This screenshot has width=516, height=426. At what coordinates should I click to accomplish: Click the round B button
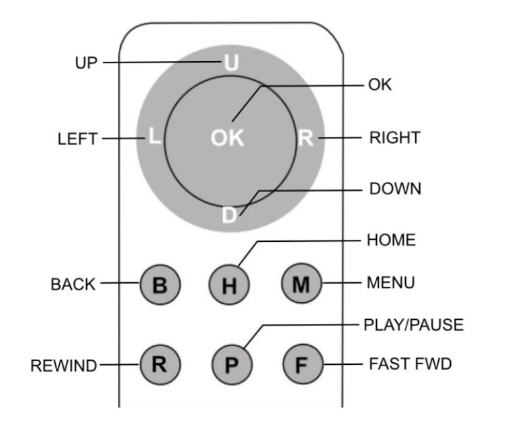point(160,285)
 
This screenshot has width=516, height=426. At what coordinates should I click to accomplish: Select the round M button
point(301,284)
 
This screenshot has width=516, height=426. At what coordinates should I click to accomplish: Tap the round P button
point(231,365)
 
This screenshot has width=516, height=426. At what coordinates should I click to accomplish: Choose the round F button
point(301,365)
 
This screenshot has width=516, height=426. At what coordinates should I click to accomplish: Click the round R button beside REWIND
point(160,365)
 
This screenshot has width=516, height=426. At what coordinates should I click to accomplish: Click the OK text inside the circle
point(227,138)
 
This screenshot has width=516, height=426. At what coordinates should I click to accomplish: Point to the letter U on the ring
point(230,63)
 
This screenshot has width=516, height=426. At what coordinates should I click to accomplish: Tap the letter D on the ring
point(230,215)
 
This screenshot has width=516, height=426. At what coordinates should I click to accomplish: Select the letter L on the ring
point(155,138)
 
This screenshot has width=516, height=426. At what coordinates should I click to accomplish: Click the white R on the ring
point(306,138)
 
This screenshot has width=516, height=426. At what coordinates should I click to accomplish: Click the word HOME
point(391,240)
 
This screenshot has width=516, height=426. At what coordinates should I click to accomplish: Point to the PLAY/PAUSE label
point(413,325)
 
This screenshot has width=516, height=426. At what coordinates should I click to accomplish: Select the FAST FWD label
point(411,364)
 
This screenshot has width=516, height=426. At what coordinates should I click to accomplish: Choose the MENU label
point(390,284)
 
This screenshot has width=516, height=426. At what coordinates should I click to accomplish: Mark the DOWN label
point(395,189)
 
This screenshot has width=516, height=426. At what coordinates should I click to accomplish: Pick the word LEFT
point(77,140)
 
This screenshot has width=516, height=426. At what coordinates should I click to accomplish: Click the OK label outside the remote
point(380,85)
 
